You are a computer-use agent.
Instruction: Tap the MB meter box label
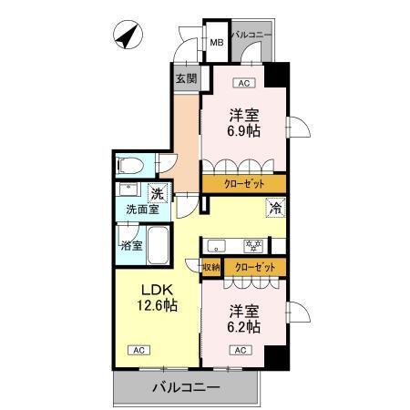click(219, 42)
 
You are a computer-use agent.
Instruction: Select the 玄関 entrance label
click(186, 78)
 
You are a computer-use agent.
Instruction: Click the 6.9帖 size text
click(242, 129)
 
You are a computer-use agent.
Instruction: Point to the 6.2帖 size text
click(243, 325)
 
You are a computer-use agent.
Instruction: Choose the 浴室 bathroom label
click(130, 245)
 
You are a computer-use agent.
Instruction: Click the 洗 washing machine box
click(157, 192)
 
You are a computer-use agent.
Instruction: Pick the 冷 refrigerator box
click(275, 208)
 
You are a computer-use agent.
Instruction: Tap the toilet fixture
click(130, 166)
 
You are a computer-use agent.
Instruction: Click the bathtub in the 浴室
click(159, 244)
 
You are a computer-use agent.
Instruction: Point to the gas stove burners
click(251, 244)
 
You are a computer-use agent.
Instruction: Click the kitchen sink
click(217, 244)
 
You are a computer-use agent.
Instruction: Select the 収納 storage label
click(210, 267)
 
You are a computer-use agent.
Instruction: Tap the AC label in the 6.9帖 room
click(242, 83)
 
